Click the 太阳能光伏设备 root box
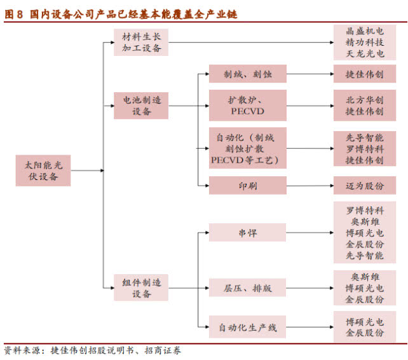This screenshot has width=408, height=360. pos(43,170)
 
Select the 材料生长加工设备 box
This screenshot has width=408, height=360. pos(141,42)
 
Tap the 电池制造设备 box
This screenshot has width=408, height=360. pos(141,106)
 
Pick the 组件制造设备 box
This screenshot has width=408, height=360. pos(141,287)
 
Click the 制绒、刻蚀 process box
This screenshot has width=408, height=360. pos(248,74)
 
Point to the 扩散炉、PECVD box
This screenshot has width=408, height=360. pos(248,106)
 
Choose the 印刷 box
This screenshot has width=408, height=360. pos(248,186)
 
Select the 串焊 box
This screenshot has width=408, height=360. pos(247,232)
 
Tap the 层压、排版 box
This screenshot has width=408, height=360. pos(247,287)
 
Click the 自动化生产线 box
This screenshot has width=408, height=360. pos(247,327)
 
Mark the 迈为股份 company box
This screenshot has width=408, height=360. pos(365,186)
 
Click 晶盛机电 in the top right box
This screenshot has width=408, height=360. pos(365,31)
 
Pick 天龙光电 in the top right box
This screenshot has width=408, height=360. pos(365,53)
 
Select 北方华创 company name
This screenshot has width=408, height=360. pos(365,100)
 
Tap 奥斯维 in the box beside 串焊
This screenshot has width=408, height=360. pos(365,222)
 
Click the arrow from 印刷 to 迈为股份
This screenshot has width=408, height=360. pos(310,186)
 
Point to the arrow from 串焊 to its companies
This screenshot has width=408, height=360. pos(309,232)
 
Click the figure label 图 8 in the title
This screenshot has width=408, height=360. pos(13,15)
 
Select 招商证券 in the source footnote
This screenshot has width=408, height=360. pos(163,350)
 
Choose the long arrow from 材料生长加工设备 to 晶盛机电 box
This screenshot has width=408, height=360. pos(251,42)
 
